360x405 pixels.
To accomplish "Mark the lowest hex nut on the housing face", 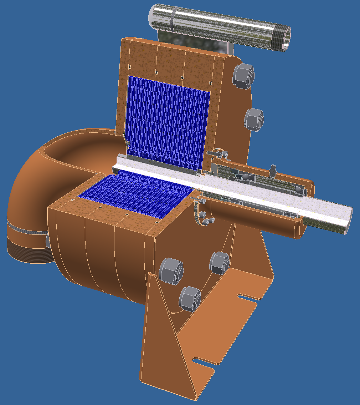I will click(189, 299).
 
